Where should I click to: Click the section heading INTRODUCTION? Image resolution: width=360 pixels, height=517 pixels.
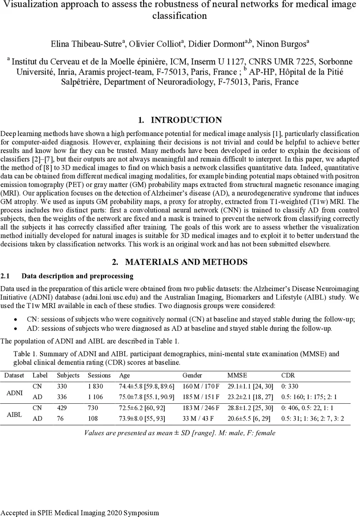pos(186,120)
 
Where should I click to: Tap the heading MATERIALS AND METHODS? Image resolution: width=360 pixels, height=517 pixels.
pos(186,262)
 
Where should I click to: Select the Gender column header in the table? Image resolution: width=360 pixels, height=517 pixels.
pos(192,375)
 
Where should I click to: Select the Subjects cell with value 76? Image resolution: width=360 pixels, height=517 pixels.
pos(61,418)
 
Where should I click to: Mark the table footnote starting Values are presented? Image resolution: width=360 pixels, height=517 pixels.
pos(179,433)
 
